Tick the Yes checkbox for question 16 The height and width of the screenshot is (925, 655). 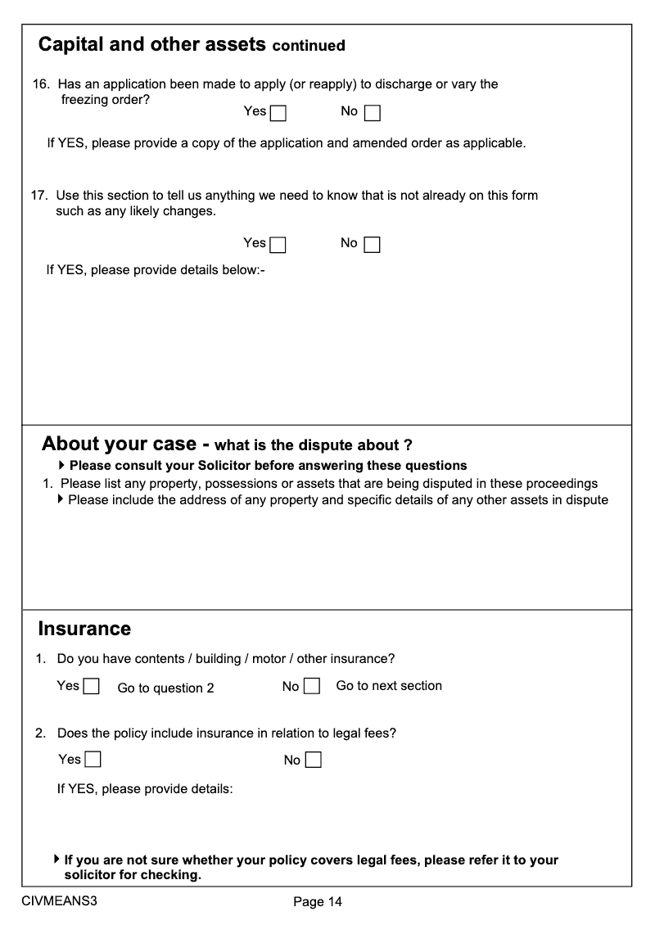[x=278, y=113]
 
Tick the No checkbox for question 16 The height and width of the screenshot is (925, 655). [x=373, y=113]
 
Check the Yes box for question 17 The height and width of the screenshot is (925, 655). [x=278, y=245]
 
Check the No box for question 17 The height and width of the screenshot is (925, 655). [x=373, y=245]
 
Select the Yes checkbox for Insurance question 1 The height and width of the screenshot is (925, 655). [x=92, y=687]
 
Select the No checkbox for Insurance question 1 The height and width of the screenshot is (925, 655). [x=312, y=687]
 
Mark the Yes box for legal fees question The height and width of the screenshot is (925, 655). [x=93, y=760]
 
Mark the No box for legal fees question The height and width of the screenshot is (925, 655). [x=313, y=760]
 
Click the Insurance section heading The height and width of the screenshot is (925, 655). [x=84, y=629]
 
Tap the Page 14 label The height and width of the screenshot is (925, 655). [x=318, y=902]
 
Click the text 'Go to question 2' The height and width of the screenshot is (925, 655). [x=165, y=688]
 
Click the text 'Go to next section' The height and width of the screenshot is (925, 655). [x=389, y=686]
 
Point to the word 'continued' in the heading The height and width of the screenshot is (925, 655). [x=309, y=46]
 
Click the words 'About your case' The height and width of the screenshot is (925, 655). [x=119, y=444]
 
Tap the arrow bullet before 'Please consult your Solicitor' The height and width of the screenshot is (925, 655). [x=62, y=465]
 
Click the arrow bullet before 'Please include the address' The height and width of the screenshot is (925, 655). [x=62, y=499]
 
